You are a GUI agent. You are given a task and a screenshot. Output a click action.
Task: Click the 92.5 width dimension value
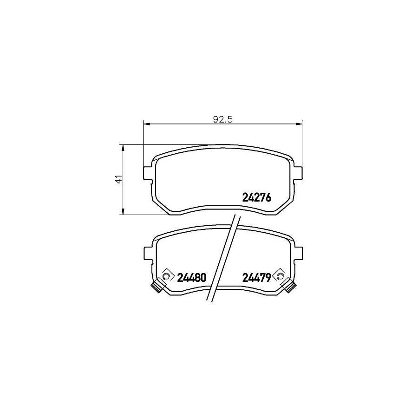222,118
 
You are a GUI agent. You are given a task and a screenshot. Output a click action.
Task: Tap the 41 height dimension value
118,179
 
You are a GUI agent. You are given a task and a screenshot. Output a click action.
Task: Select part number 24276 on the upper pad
256,198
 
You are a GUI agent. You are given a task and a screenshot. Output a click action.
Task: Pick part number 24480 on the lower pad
191,278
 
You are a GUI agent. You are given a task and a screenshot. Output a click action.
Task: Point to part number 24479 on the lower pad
256,278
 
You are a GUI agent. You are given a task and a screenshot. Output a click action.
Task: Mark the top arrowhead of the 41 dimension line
123,148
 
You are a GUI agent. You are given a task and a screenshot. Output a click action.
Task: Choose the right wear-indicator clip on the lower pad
290,286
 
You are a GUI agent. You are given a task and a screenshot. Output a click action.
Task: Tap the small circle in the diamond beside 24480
166,277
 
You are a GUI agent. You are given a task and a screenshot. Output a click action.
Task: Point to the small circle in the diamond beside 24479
280,277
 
